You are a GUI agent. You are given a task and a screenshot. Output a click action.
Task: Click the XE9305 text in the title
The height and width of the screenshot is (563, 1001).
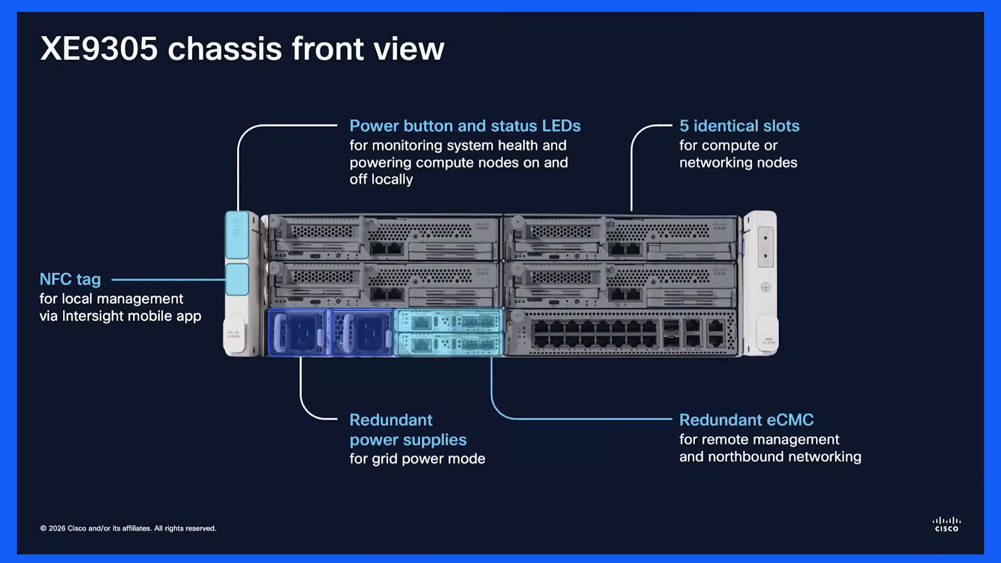[99, 49]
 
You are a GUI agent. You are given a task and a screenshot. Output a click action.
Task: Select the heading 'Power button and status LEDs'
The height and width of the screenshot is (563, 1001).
[465, 126]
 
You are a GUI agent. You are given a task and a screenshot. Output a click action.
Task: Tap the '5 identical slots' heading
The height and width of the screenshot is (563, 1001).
[739, 126]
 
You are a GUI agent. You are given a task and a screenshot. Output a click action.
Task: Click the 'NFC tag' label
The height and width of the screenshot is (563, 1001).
[70, 280]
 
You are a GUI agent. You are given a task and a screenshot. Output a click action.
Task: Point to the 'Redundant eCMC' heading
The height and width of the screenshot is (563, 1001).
[747, 420]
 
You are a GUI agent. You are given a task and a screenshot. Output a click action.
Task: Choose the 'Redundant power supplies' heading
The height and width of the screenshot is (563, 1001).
[408, 430]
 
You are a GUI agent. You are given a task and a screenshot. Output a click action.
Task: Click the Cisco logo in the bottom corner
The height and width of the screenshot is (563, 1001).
[946, 524]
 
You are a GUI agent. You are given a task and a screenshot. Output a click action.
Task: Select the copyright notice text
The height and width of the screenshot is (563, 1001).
[128, 529]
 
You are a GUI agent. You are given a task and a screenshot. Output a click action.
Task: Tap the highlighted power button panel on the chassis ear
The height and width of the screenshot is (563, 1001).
[237, 235]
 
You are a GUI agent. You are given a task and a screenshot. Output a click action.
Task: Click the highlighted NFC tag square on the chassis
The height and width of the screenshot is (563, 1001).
[237, 279]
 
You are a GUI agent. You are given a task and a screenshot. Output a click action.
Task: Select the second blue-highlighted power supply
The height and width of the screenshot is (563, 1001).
[362, 333]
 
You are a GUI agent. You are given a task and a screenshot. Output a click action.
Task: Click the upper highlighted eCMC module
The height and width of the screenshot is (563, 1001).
[448, 321]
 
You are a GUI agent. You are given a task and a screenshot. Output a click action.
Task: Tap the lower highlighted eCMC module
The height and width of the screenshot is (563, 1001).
[448, 344]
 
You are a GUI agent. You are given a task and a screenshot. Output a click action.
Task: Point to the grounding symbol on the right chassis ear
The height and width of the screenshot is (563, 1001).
[765, 287]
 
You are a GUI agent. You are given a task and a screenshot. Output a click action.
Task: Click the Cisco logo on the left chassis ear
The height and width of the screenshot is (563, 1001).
[234, 334]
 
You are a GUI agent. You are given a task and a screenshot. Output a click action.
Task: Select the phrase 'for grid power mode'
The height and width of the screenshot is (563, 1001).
[417, 459]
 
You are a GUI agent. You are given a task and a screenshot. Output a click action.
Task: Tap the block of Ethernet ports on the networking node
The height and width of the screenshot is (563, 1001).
[594, 334]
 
